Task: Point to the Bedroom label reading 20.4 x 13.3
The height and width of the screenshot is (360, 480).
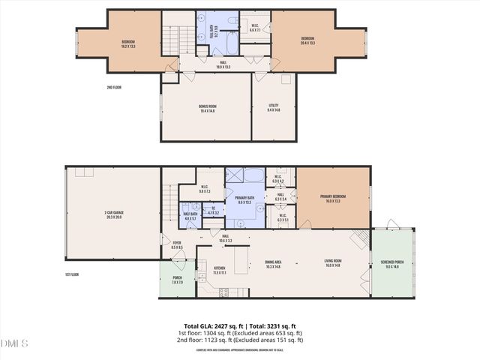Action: [307, 40]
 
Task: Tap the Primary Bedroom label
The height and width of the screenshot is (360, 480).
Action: [333, 199]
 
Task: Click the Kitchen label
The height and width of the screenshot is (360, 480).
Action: [220, 269]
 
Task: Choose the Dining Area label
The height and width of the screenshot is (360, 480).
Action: [274, 263]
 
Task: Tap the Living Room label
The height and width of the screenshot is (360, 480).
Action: [333, 263]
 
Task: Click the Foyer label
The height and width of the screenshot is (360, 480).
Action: [177, 245]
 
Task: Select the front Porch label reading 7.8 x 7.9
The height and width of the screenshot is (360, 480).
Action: [177, 280]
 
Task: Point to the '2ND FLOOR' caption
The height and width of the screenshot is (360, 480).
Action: [115, 87]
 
